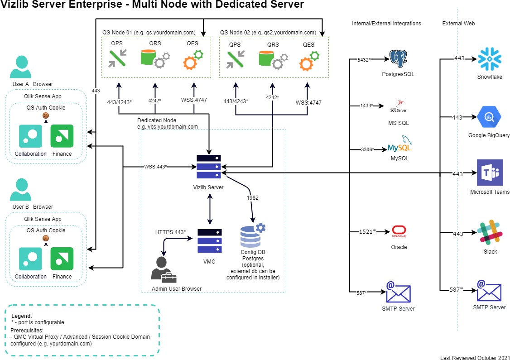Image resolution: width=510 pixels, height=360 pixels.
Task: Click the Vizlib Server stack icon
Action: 209,167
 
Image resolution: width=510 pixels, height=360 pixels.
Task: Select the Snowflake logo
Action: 490,59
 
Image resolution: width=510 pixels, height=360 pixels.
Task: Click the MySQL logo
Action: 400,145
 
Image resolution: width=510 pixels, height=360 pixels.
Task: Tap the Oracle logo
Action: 399,231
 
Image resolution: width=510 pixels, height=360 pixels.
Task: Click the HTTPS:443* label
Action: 170,232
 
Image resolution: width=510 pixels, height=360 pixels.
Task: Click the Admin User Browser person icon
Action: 164,269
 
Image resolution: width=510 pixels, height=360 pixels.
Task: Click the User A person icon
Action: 20,67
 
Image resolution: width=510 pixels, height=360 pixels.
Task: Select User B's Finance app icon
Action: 62,259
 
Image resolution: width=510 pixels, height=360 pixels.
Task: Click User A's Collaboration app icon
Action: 30,136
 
